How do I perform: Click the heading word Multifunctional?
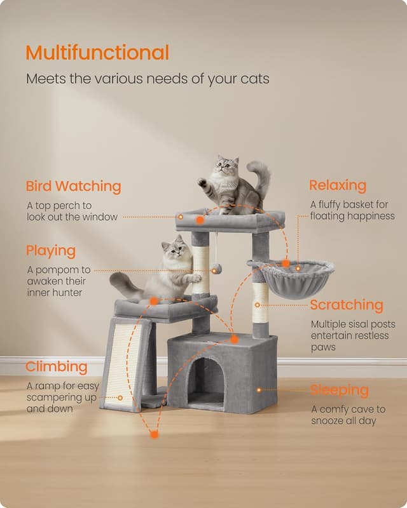(x=97, y=53)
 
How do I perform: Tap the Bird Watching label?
(x=73, y=187)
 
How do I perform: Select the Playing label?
(x=51, y=251)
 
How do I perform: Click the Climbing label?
(x=57, y=367)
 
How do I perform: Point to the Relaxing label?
(x=338, y=185)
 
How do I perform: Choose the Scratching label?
(x=347, y=305)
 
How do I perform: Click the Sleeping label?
(x=340, y=390)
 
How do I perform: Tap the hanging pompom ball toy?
(x=217, y=271)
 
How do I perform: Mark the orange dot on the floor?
(x=154, y=434)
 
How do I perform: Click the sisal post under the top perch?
(x=201, y=270)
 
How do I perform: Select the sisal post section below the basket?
(x=261, y=303)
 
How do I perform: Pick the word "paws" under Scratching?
(x=323, y=347)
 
